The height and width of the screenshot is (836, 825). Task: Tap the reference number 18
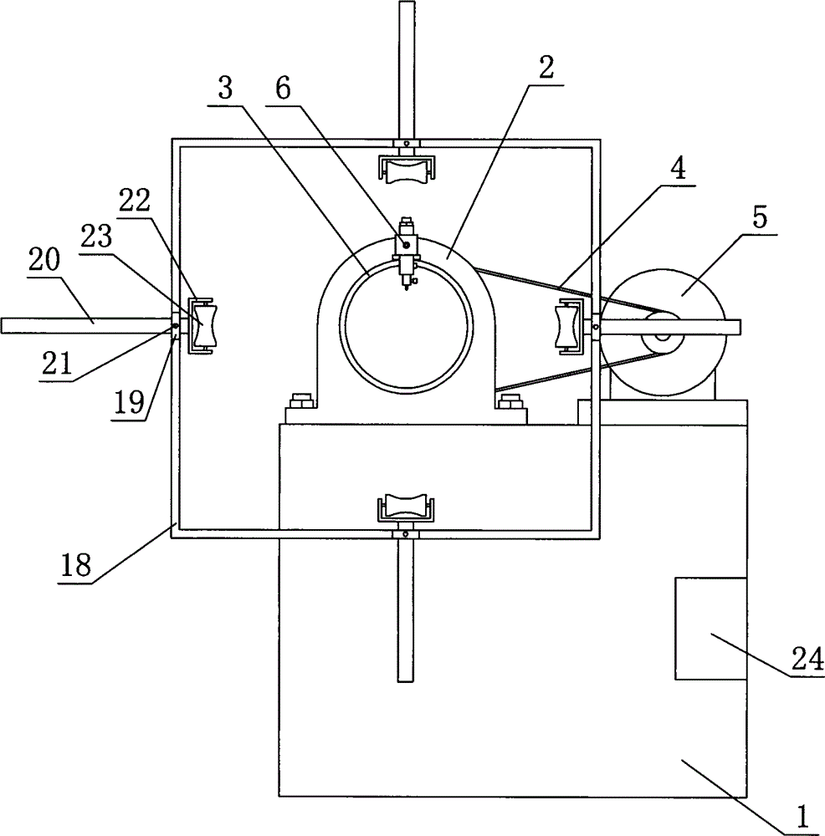point(76,566)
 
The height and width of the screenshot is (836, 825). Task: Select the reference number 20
point(44,260)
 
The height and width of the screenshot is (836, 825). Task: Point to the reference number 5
point(760,217)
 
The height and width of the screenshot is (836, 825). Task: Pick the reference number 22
point(135,201)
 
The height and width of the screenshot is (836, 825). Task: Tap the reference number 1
point(802,816)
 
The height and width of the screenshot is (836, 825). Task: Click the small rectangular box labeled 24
point(711,628)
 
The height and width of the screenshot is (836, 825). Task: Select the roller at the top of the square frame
point(407,170)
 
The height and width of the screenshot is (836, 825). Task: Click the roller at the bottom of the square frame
point(407,507)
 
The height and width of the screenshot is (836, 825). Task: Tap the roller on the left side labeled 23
point(201,326)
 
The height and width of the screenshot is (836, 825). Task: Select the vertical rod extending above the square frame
point(406,70)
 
